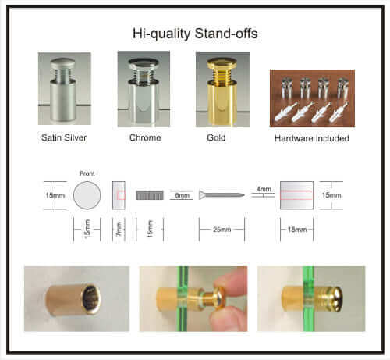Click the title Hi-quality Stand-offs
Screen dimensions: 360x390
(196, 34)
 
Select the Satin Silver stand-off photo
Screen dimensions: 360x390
(65, 88)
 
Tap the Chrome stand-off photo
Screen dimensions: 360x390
(143, 88)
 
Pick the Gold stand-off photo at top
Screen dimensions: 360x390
(222, 88)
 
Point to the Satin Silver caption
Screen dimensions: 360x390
(65, 138)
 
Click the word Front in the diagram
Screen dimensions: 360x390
(86, 173)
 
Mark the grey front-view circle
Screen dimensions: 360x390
(87, 194)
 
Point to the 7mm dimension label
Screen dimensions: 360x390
(119, 228)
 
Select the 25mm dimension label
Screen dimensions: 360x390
(222, 230)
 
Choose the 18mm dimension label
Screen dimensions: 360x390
(296, 230)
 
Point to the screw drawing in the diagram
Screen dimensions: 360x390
(222, 194)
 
